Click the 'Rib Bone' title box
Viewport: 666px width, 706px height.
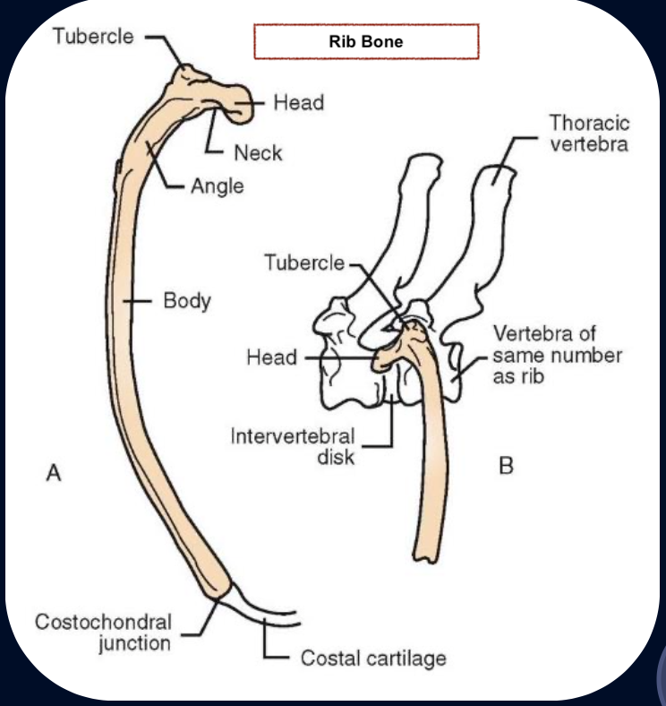(366, 41)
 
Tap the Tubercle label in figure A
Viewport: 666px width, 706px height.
(94, 38)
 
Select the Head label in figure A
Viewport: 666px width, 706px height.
(298, 103)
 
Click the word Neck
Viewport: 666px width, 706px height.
(258, 153)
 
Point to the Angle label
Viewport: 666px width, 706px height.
(217, 187)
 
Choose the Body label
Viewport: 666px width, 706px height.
(187, 300)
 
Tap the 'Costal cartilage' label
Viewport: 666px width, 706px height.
(372, 659)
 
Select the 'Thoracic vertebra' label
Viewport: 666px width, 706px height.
(589, 133)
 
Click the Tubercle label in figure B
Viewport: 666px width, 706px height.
(303, 262)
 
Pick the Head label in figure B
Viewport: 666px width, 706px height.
(271, 357)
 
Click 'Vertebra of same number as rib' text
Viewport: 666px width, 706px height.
(557, 356)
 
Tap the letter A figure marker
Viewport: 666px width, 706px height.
(54, 472)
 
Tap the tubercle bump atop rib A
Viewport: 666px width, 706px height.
(190, 73)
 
